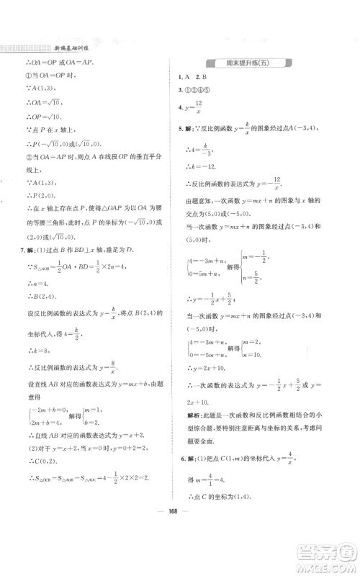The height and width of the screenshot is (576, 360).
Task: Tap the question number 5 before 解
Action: tap(180, 130)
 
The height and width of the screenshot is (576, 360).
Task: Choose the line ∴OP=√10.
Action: tap(43, 117)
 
